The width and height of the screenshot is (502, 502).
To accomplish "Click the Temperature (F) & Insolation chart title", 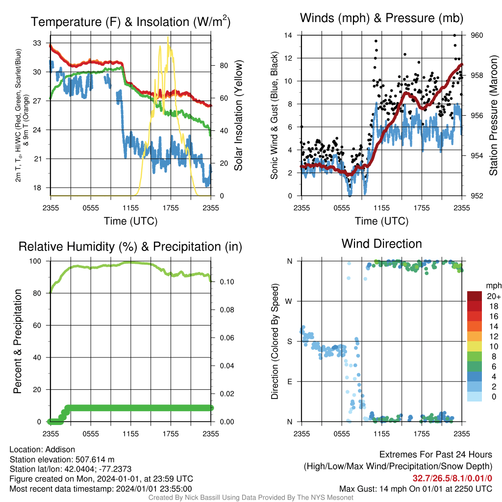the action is [130, 22].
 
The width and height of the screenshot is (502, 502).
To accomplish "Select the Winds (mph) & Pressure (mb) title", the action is [381, 18].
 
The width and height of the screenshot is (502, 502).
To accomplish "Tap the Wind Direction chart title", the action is [381, 244].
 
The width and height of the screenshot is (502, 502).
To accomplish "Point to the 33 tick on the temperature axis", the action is [37, 43].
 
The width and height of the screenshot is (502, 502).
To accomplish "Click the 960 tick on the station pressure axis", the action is [477, 35].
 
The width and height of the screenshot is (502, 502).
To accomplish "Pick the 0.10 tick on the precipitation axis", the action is [227, 282].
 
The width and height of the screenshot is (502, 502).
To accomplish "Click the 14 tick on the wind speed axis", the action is [288, 35].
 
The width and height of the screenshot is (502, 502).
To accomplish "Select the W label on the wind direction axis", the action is [289, 301].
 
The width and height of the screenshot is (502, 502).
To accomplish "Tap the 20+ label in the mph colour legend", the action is [494, 296].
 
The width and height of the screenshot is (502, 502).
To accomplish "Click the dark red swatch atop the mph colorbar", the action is [475, 296].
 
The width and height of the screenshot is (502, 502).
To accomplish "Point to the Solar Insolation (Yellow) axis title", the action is [239, 115].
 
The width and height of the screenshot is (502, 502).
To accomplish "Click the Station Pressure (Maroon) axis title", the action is [493, 115].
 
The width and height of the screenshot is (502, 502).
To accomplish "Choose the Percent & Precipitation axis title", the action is [18, 341].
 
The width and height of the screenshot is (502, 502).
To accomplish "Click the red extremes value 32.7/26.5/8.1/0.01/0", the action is [452, 478].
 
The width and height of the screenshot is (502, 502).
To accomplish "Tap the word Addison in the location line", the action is [60, 450].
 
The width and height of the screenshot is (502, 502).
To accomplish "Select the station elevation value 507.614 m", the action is [95, 459].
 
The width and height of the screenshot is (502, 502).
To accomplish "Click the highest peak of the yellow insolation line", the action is [168, 37].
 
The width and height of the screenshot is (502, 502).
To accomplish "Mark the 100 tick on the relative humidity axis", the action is [35, 261].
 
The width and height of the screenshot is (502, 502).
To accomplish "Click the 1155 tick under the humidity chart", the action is [130, 434].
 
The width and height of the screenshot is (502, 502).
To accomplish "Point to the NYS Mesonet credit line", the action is [251, 498].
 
